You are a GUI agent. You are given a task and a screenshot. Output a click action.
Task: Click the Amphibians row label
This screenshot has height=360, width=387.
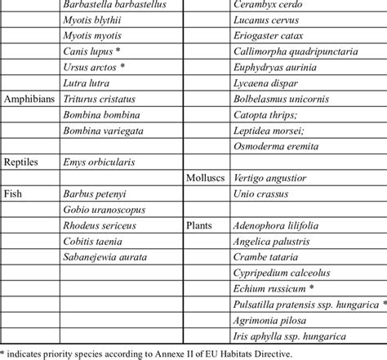coord(29,98)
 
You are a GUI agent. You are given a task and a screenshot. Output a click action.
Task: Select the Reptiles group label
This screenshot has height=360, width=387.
coord(23,162)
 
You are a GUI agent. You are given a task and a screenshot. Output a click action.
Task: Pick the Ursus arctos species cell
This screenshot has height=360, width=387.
coord(95,66)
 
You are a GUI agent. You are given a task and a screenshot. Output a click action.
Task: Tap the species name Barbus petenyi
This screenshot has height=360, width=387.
coord(96,193)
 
